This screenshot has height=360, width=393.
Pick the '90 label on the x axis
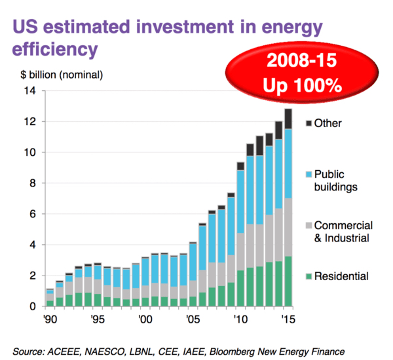click(x=48, y=321)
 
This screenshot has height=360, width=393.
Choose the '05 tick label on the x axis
click(x=193, y=321)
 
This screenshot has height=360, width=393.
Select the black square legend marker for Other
click(x=309, y=122)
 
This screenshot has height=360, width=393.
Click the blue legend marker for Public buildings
click(x=309, y=175)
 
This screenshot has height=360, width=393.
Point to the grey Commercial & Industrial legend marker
click(x=309, y=226)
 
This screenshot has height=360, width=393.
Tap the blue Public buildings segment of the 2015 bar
click(x=288, y=164)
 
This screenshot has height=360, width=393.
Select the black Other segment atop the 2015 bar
click(x=288, y=119)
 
